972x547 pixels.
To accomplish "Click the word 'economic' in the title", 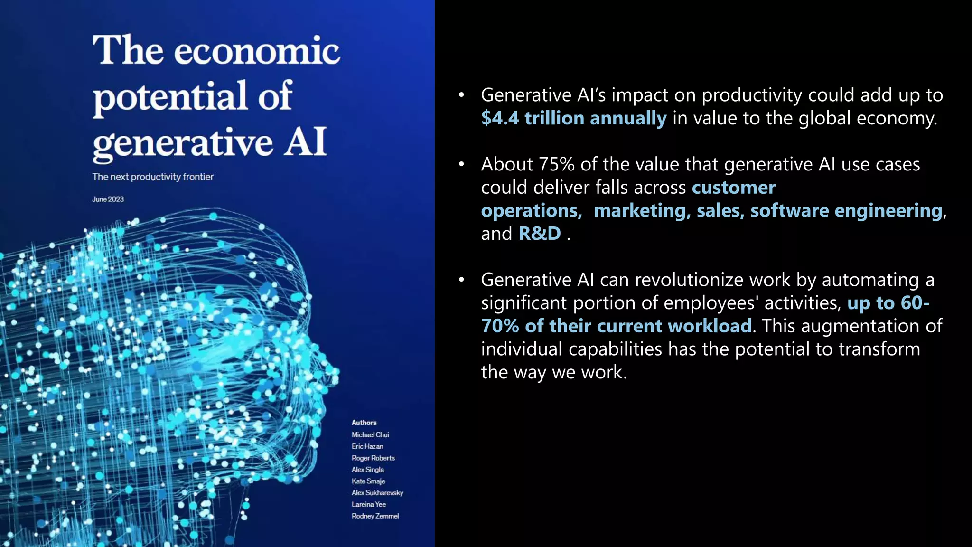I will click(257, 51).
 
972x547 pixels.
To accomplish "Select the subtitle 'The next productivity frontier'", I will click(153, 177).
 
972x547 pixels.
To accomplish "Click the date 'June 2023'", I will click(108, 199).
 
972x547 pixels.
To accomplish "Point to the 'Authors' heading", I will click(364, 423).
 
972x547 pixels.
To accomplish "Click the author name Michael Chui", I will click(370, 434).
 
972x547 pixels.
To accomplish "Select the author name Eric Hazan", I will click(367, 446).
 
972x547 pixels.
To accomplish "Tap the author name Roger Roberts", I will click(373, 458).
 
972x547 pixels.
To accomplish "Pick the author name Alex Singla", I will click(368, 470).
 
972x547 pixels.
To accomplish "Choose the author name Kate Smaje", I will click(368, 481).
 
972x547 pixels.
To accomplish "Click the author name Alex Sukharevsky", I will click(377, 493).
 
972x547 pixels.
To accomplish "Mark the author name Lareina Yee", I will click(369, 504).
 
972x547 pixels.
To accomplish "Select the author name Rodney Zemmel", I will click(375, 516).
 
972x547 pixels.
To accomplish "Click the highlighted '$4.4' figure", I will click(500, 118).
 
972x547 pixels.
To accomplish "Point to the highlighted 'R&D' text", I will click(540, 234).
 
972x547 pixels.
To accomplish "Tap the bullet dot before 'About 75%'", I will click(461, 164).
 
